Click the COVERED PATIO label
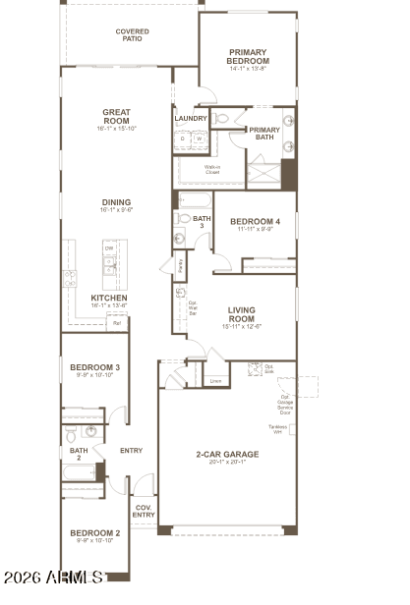(x=133, y=35)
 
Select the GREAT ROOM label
(x=116, y=117)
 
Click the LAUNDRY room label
(x=191, y=119)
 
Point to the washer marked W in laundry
(x=198, y=139)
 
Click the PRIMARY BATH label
(x=264, y=134)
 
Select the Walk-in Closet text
(x=211, y=169)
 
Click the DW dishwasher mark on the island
(x=108, y=247)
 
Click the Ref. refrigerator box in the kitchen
(x=116, y=322)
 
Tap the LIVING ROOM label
(x=241, y=314)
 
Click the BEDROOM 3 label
(x=94, y=370)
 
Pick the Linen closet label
(x=215, y=380)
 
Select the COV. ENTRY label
(x=144, y=512)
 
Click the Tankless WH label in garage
(x=276, y=429)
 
